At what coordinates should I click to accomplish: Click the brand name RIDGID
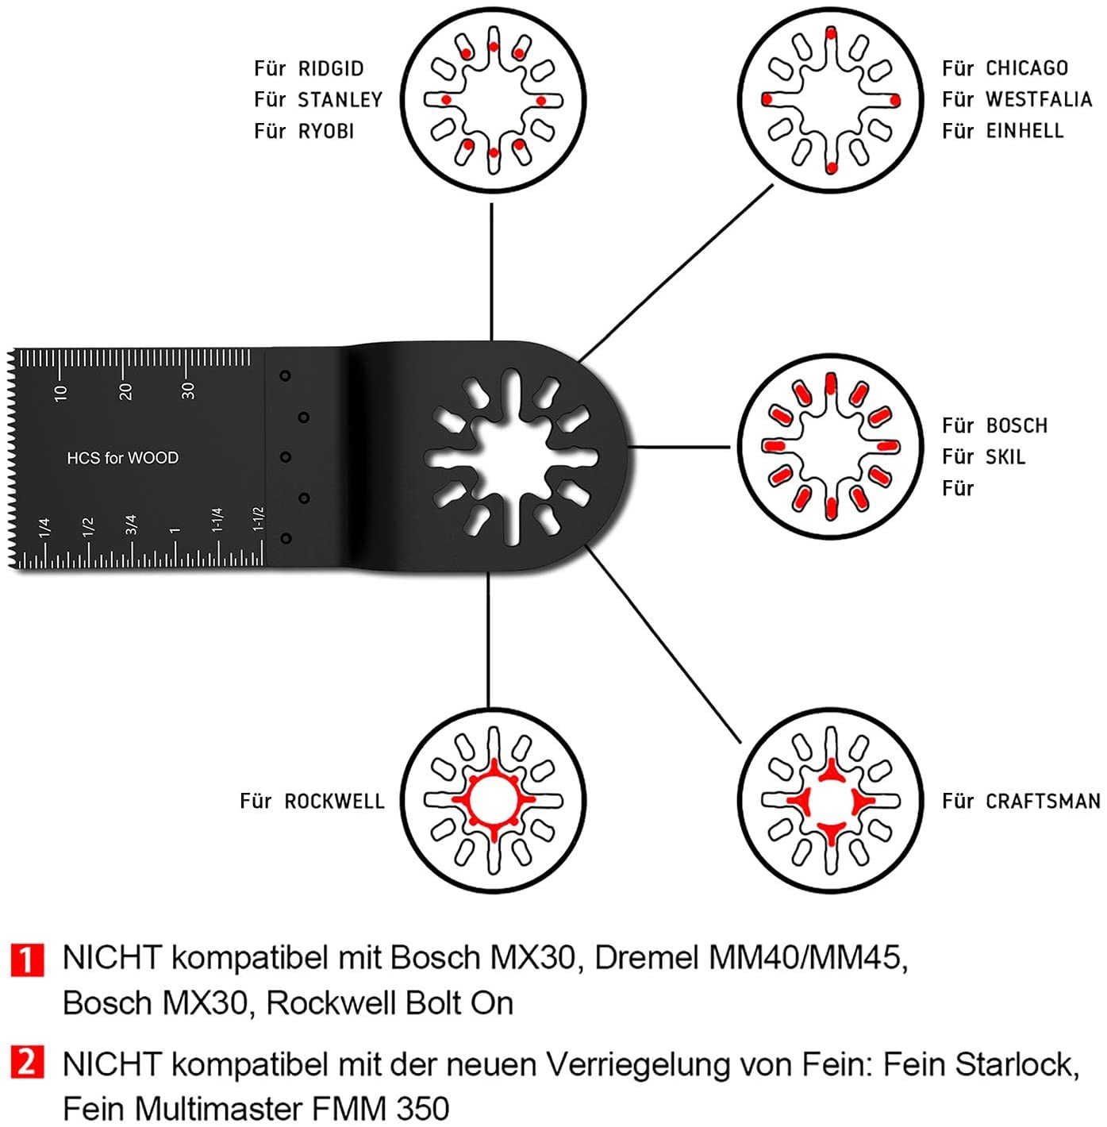(331, 69)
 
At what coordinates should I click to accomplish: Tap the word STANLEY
(340, 100)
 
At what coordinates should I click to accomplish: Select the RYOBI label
(326, 132)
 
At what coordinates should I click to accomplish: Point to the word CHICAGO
(1027, 68)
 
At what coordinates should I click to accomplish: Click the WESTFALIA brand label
(1040, 99)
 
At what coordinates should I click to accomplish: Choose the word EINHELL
(1024, 130)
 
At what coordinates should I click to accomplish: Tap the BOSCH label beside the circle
(1017, 425)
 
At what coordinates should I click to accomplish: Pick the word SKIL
(1006, 457)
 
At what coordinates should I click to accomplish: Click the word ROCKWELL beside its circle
(335, 802)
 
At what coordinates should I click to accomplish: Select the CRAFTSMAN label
(1044, 802)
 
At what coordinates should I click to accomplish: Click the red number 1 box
(28, 960)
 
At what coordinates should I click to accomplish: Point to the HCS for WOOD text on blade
(123, 458)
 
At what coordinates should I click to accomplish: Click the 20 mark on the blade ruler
(125, 391)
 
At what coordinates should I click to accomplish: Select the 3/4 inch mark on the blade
(131, 525)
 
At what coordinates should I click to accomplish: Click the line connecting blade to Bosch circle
(679, 448)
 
